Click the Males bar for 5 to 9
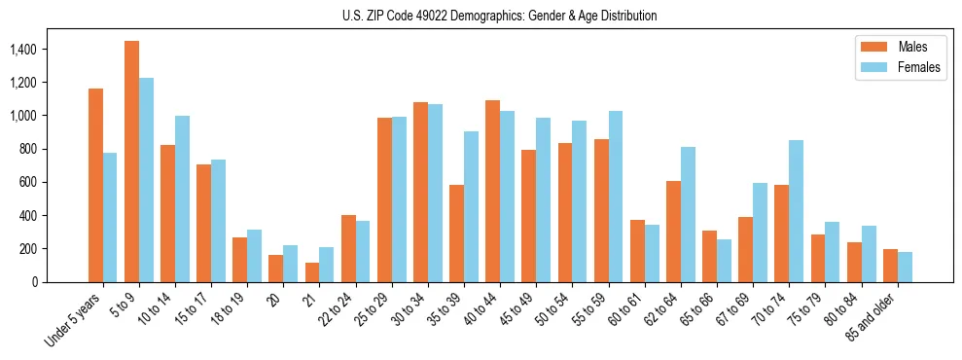point(131,162)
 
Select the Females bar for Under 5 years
point(110,217)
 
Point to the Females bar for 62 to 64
point(688,214)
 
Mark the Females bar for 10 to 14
point(182,198)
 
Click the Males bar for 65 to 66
point(709,256)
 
